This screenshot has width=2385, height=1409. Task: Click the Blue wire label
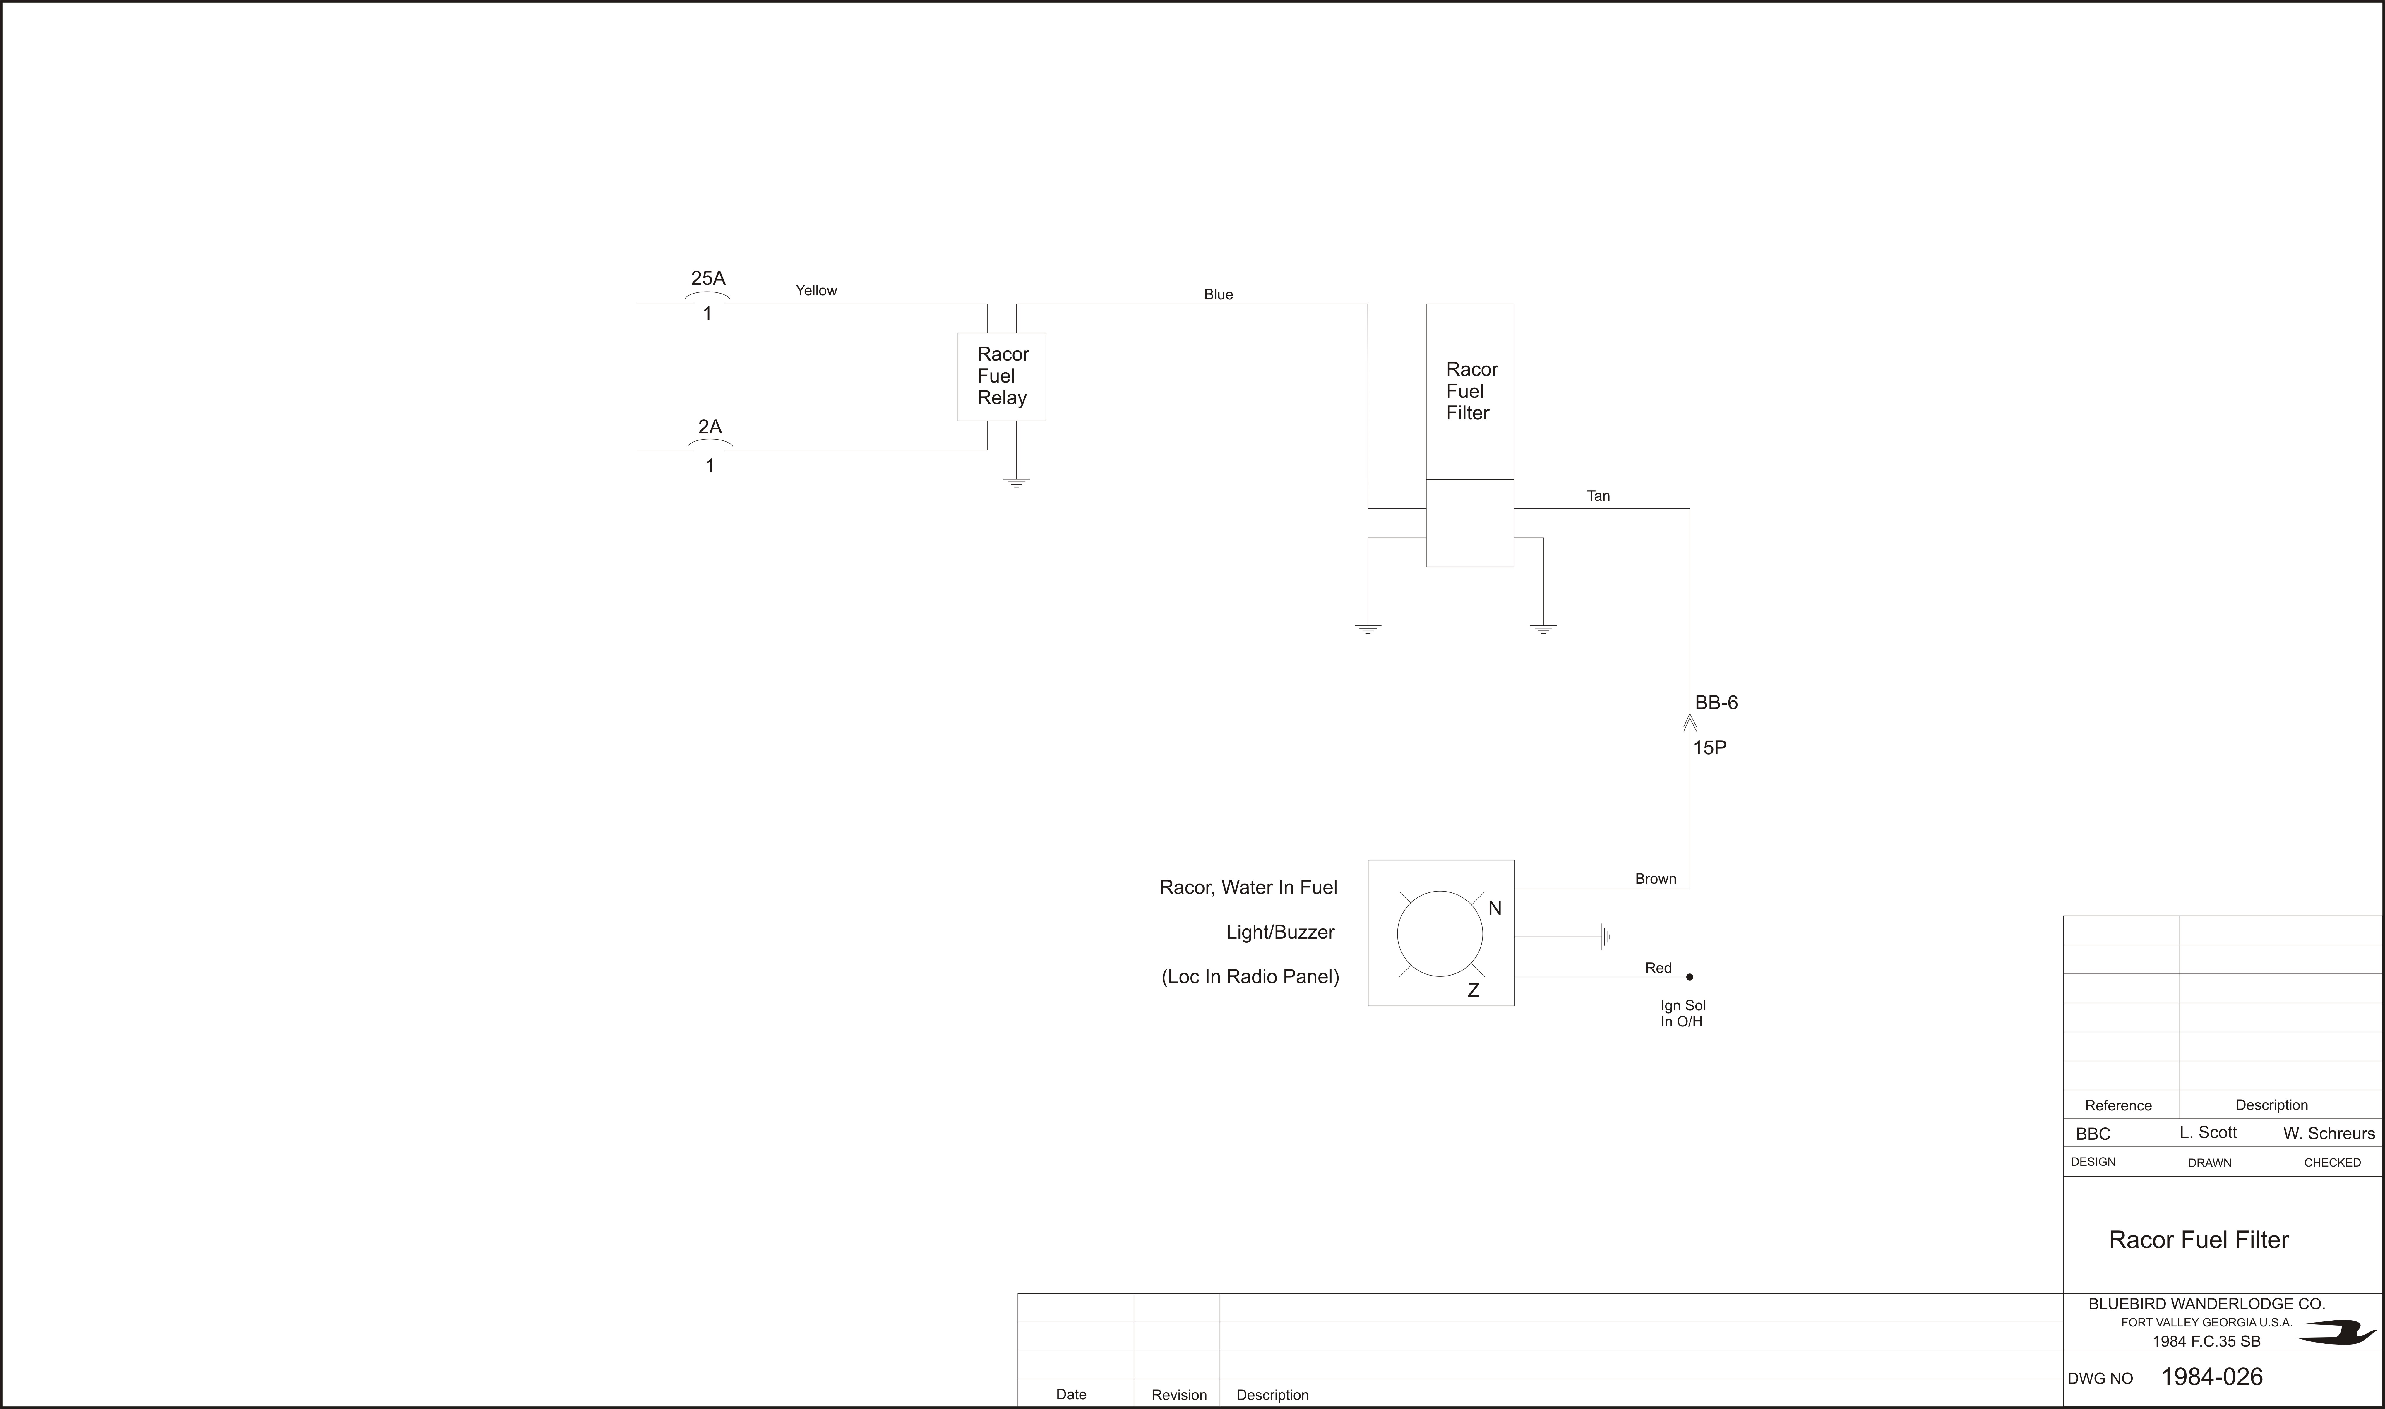pos(1218,294)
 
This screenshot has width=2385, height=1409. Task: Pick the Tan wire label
pos(1598,496)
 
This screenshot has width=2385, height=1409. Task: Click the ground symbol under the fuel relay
pos(1017,482)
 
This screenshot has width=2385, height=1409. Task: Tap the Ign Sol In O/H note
pos(1682,1013)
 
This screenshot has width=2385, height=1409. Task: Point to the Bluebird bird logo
pos(2336,1333)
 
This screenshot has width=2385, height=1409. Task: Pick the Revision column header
pos(1179,1395)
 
